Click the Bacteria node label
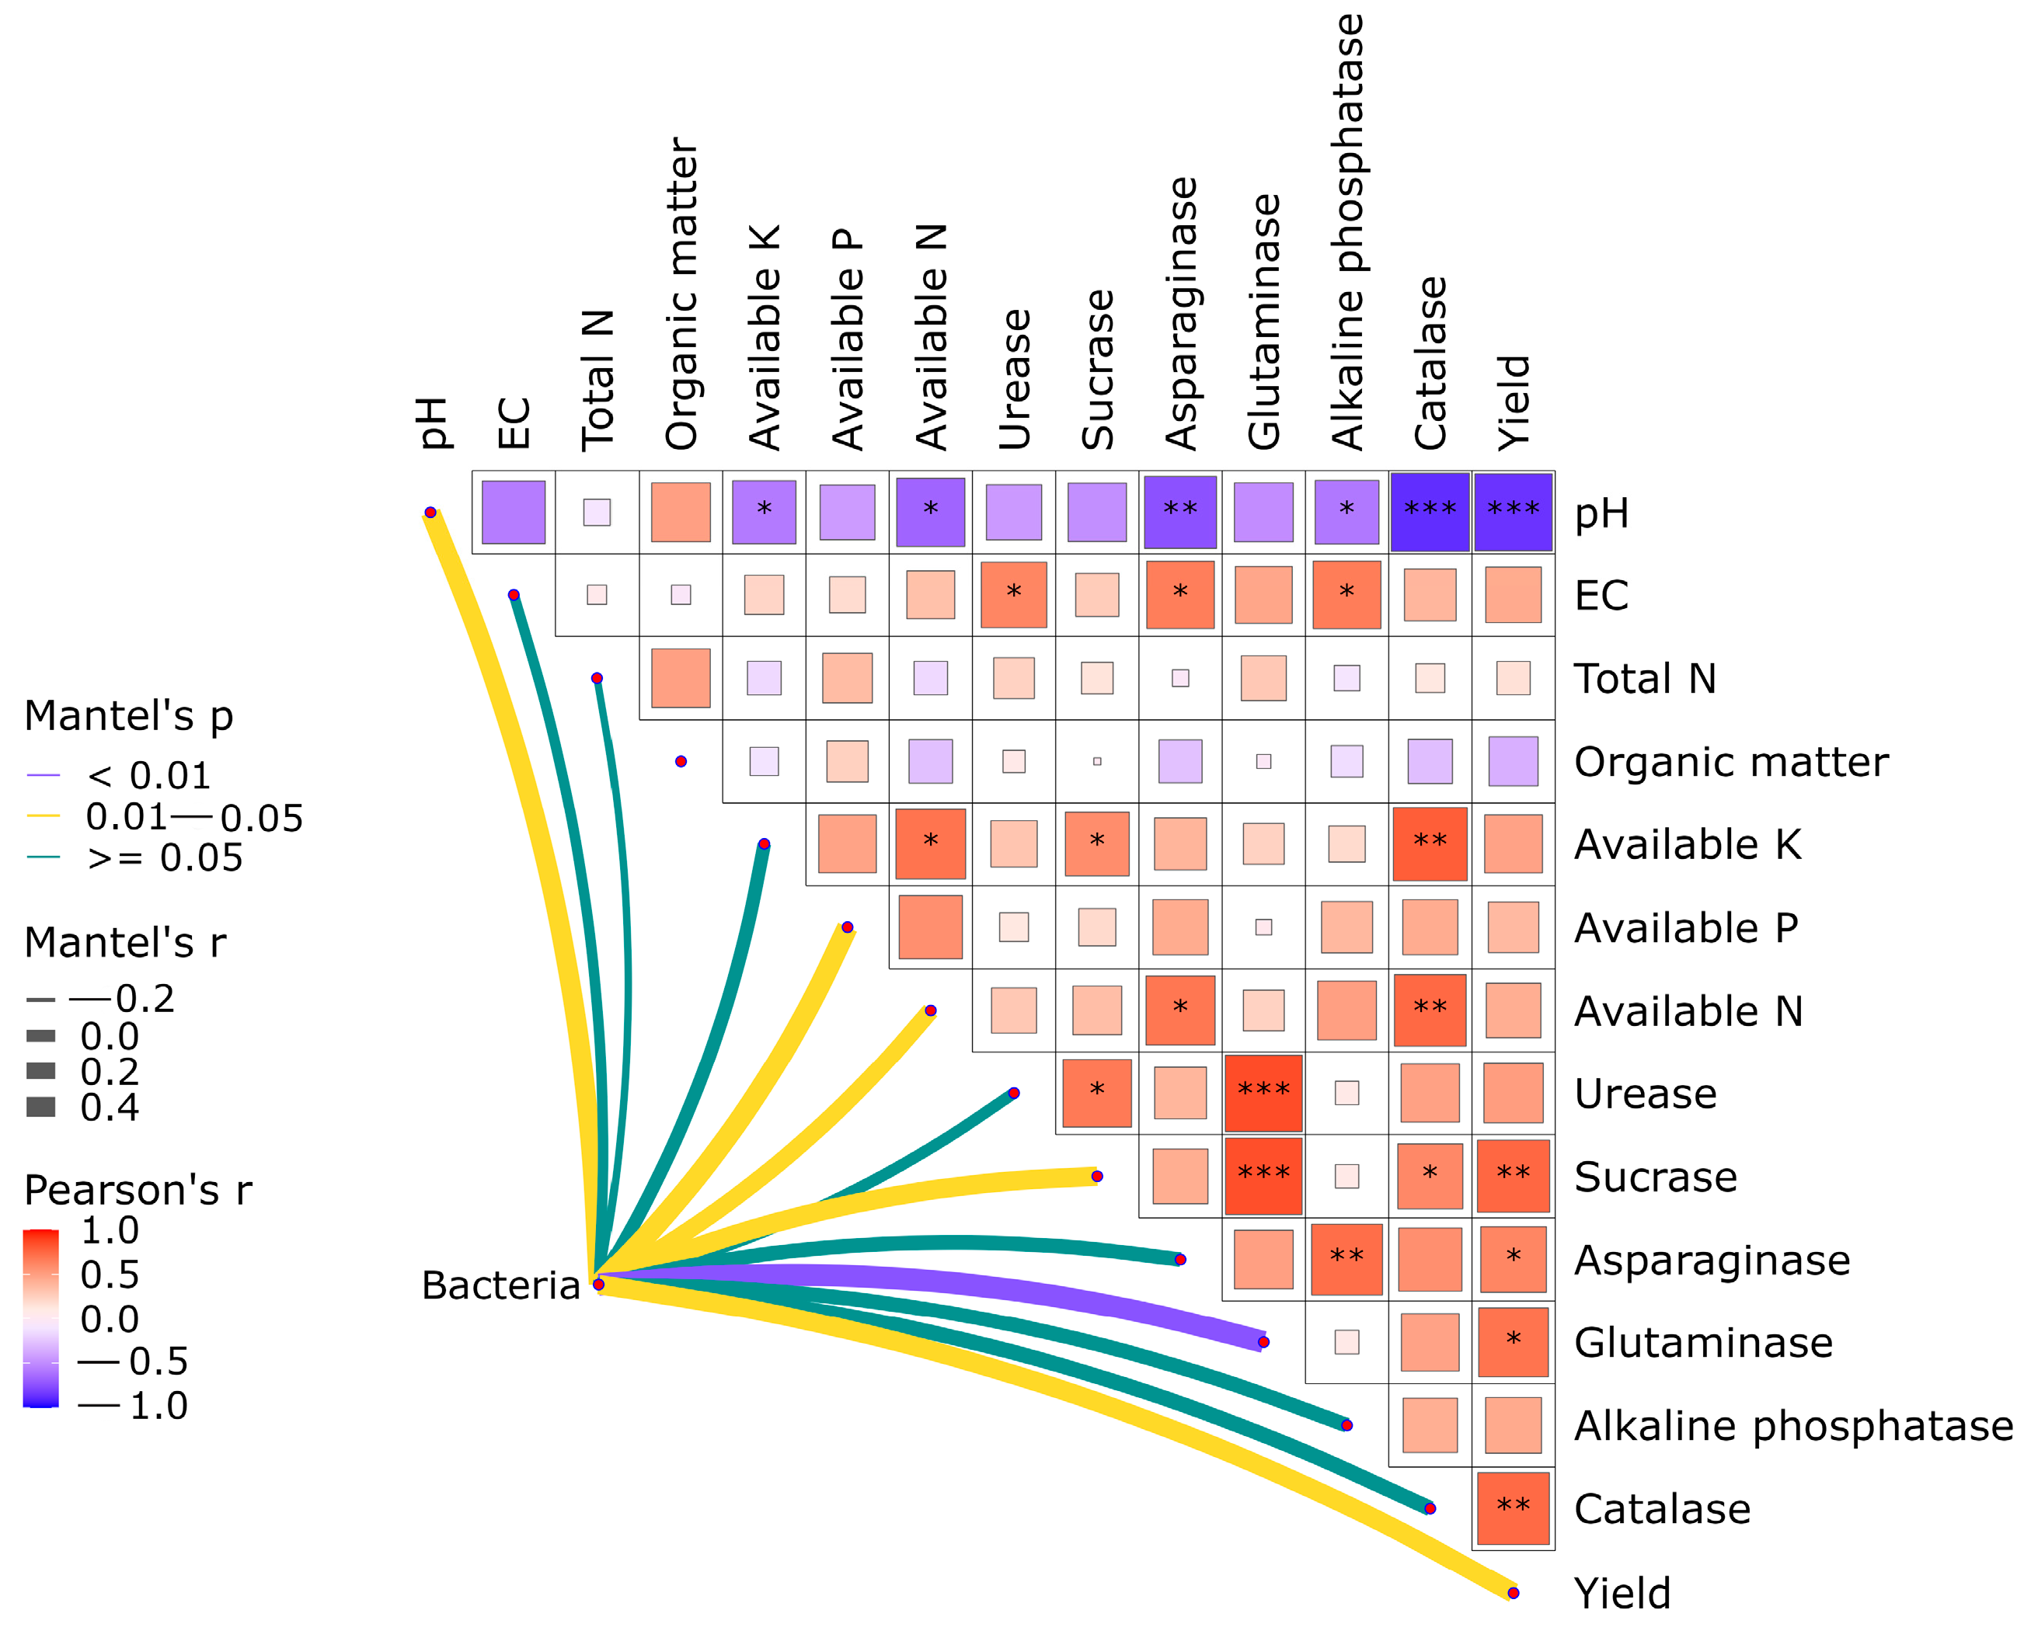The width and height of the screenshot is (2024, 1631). pos(500,1285)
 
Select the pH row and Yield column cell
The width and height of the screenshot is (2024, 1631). pos(1513,512)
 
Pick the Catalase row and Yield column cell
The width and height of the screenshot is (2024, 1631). pos(1513,1509)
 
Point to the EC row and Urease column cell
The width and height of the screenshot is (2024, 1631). pos(1013,595)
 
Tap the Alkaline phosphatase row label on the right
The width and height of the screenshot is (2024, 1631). pos(1792,1426)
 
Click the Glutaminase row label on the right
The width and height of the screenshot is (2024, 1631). pos(1702,1343)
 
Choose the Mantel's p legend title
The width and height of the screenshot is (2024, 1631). pos(129,716)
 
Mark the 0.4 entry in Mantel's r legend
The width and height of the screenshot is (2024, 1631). pos(109,1108)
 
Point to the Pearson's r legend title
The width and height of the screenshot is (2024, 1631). pos(138,1191)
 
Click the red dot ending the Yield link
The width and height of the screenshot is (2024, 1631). pos(1513,1592)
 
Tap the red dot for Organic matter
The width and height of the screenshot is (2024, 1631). pos(681,761)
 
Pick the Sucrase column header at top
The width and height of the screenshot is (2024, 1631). pos(1098,370)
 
